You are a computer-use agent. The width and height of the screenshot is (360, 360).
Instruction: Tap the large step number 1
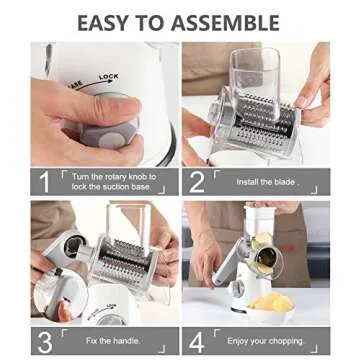pyautogui.click(x=43, y=182)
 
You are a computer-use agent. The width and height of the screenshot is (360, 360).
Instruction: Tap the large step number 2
pyautogui.click(x=196, y=182)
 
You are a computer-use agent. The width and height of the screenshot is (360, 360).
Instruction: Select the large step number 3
pyautogui.click(x=43, y=341)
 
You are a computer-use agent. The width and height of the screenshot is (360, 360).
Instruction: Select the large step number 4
pyautogui.click(x=196, y=341)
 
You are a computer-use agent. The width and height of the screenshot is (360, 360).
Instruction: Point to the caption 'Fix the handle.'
pyautogui.click(x=112, y=341)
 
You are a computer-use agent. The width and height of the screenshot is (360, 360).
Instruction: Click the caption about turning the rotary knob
pyautogui.click(x=115, y=182)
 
